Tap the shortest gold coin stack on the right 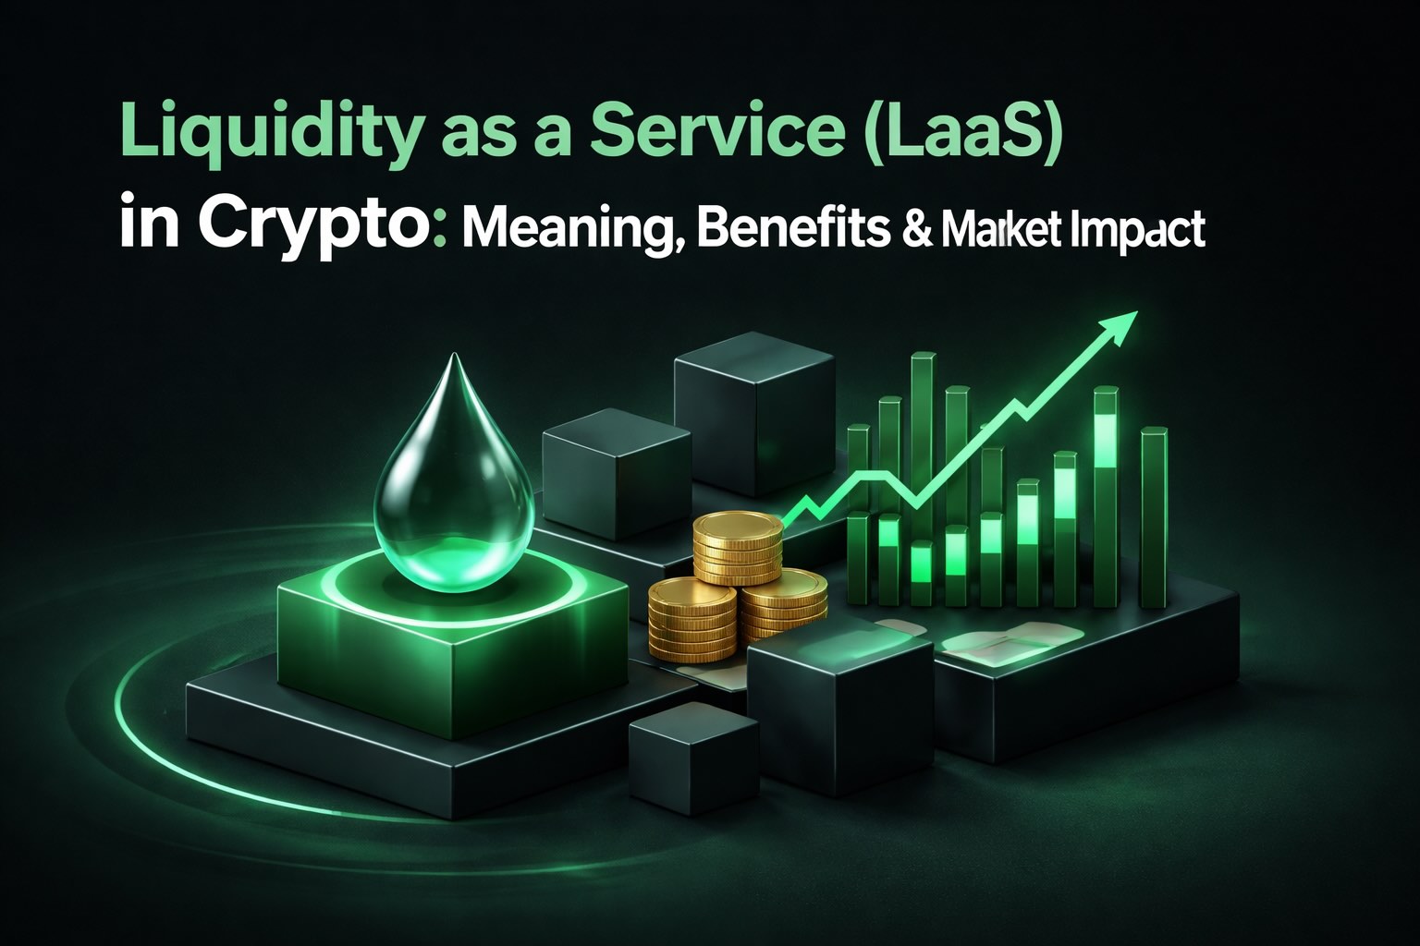785,604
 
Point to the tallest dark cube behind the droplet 754,413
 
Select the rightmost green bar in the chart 1154,517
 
